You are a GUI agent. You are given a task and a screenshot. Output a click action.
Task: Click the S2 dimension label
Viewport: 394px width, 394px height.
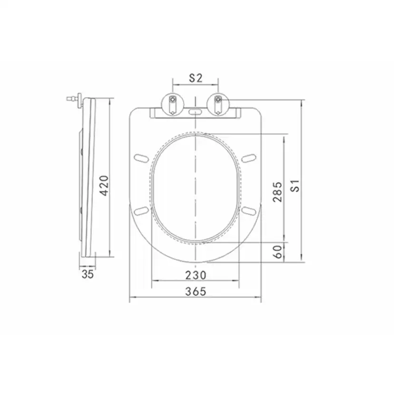click(196, 78)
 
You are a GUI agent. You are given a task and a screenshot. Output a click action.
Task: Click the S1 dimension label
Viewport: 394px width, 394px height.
click(295, 186)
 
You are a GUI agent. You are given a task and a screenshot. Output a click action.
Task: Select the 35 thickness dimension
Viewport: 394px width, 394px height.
click(88, 274)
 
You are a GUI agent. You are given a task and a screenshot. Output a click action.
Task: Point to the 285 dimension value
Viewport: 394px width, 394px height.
click(278, 191)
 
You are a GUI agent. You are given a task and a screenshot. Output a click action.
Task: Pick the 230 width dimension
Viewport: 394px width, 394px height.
click(196, 275)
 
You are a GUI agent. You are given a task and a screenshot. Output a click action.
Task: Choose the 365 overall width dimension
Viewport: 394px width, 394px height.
click(196, 292)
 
